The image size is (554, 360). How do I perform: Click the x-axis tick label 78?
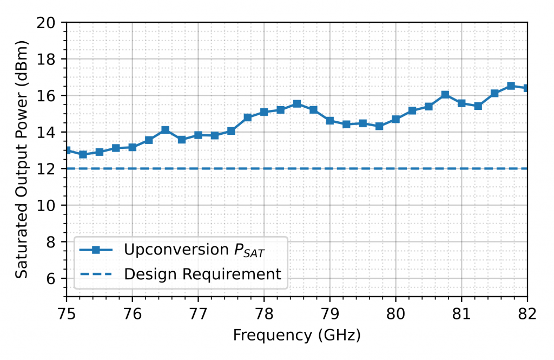263,313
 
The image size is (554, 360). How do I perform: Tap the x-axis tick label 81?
461,313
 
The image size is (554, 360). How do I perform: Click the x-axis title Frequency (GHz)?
296,336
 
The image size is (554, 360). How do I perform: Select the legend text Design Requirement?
203,274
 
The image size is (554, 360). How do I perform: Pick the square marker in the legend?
96,250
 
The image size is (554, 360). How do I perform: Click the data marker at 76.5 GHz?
165,130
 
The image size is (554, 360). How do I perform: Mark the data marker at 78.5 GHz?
296,103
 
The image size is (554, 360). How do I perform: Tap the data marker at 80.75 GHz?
445,95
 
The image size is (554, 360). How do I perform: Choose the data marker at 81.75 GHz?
511,86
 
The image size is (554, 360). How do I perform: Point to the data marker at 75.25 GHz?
83,154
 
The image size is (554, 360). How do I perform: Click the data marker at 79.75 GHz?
379,126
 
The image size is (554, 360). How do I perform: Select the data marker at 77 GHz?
198,135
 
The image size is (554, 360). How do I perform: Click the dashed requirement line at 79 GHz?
329,169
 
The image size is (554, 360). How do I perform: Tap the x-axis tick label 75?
66,313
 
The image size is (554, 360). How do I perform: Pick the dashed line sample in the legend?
96,274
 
